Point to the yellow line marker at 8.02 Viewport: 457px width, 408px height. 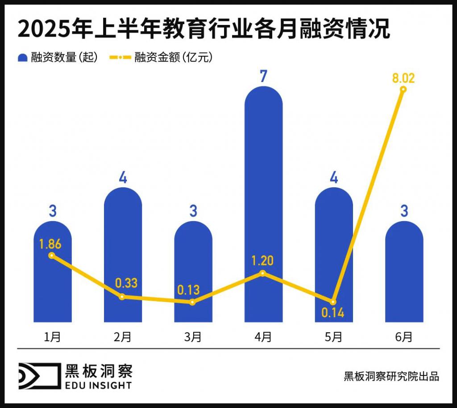pos(403,90)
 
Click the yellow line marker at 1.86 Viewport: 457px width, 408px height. pos(52,256)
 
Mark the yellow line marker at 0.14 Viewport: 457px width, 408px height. pos(333,302)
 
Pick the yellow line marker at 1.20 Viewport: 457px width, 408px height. pos(263,273)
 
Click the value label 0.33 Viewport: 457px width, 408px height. pos(126,283)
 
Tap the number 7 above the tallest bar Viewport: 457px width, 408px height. pos(263,76)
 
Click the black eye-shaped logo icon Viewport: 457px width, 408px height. pos(38,376)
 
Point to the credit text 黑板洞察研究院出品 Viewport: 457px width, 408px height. pos(391,376)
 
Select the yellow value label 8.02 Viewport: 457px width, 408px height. pos(403,78)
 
